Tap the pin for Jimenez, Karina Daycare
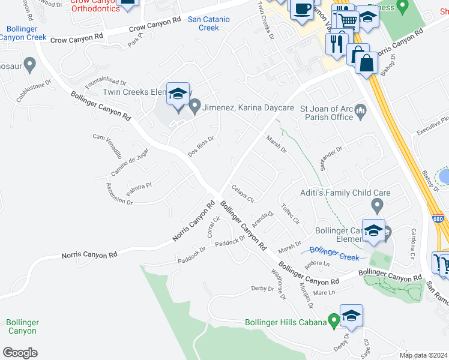click(194, 107)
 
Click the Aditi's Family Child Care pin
click(377, 206)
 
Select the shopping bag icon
click(366, 61)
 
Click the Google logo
click(20, 353)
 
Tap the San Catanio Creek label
click(208, 23)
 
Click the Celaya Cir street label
click(243, 193)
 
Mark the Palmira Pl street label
click(139, 190)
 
